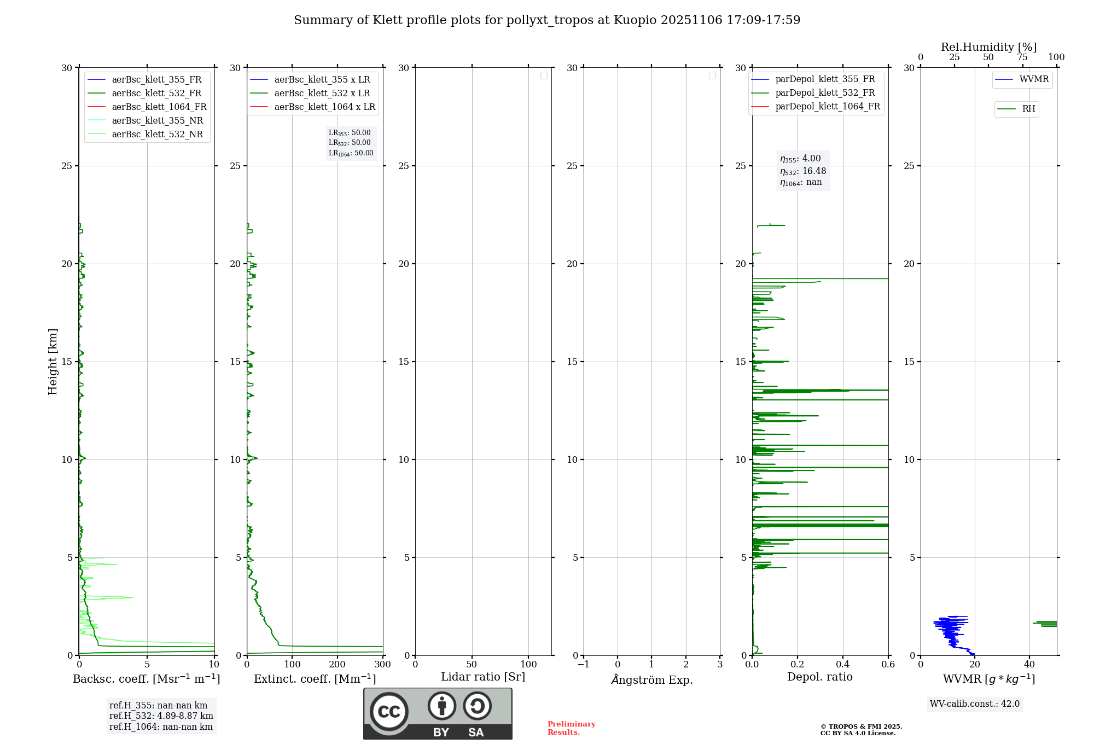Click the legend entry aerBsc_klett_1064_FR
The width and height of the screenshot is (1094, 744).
[159, 107]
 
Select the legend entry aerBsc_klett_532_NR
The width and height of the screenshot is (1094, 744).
[157, 134]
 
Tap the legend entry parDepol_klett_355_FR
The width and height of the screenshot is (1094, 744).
[825, 79]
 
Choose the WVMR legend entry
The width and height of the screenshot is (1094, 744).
[1034, 79]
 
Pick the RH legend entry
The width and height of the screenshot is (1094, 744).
[1028, 109]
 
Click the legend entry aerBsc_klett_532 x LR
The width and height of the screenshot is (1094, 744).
[322, 93]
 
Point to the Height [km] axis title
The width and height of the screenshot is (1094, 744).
[53, 362]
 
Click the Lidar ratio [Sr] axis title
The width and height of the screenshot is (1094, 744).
[483, 677]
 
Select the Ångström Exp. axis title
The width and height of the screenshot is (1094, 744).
[652, 679]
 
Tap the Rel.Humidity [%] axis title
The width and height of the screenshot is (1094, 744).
[988, 47]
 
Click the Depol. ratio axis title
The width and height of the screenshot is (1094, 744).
[819, 677]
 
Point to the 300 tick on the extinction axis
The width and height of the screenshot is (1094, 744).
[383, 664]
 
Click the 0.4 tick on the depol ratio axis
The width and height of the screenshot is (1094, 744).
[843, 664]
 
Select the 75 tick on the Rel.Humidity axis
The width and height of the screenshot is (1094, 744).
[1022, 57]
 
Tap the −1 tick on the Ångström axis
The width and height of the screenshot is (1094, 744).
[584, 664]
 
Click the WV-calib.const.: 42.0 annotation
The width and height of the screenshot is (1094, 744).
[974, 704]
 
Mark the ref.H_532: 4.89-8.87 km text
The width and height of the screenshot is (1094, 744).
[161, 716]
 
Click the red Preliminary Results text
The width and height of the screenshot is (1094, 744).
[571, 728]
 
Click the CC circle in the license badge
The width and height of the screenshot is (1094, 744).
[389, 711]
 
